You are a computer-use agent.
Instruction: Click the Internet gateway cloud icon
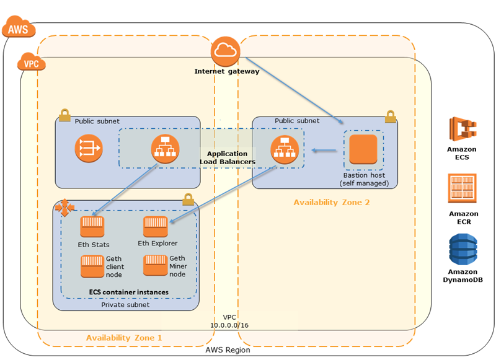[226, 51]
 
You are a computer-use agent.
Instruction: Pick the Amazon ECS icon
[461, 130]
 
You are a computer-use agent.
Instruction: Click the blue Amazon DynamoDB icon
[461, 249]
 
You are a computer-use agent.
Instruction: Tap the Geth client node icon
[92, 266]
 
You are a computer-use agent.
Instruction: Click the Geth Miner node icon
[156, 265]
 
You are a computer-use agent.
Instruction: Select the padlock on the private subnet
[188, 200]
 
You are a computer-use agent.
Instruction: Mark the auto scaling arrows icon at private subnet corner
[63, 208]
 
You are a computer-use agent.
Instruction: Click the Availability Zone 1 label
[124, 338]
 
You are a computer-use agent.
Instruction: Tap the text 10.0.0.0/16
[229, 325]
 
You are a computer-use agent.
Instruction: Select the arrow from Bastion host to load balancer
[325, 150]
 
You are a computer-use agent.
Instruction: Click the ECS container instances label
[129, 291]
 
